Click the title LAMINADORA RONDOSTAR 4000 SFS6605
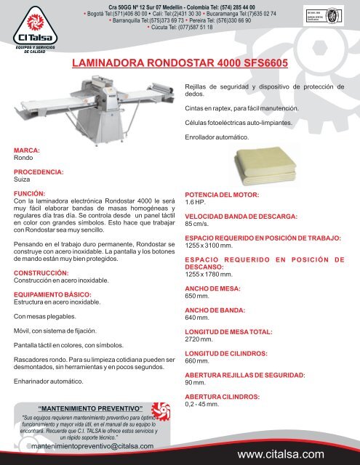coord(181,64)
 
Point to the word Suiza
coord(25,179)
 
